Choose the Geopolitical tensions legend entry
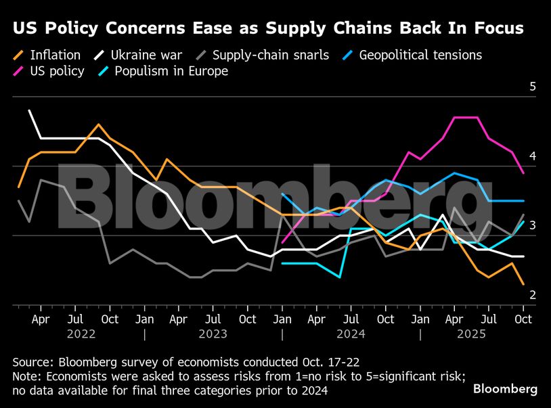pos(420,55)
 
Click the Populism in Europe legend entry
pos(171,71)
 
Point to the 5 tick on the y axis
pos(533,87)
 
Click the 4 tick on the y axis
pos(533,156)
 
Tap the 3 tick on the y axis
pos(533,225)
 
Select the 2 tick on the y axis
pos(533,295)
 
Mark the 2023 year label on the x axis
pos(214,334)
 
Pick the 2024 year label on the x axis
pos(351,334)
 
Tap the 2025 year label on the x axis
pos(489,334)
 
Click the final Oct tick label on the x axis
pos(523,319)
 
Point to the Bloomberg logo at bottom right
pos(505,389)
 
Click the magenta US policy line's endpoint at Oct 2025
pos(523,173)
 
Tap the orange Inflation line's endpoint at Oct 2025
pos(523,285)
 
